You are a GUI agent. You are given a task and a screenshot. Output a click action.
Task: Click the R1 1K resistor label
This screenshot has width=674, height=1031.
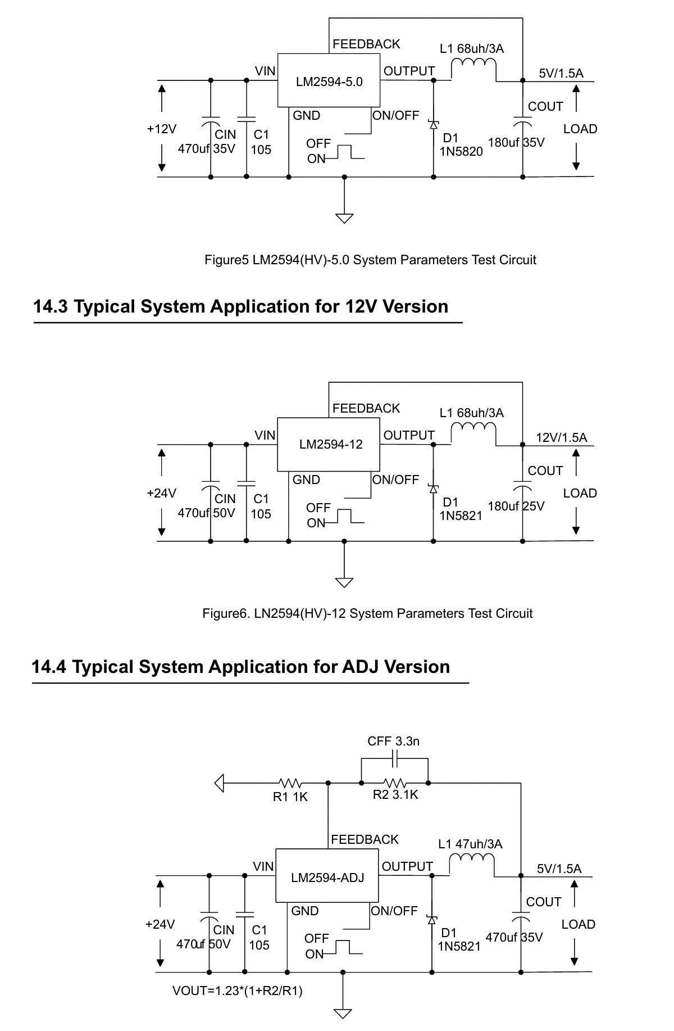290,797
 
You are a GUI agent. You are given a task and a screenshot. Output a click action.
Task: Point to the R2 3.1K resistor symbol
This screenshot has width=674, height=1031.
395,783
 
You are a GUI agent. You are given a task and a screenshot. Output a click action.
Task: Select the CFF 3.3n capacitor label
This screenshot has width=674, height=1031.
393,741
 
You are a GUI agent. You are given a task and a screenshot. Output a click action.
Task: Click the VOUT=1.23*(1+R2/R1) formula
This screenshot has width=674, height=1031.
238,991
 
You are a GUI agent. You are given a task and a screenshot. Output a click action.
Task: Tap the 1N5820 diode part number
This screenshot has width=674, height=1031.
461,151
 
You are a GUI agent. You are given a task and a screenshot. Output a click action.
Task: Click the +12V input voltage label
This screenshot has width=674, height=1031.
161,129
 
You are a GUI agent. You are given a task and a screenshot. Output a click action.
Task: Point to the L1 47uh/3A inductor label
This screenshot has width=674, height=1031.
470,844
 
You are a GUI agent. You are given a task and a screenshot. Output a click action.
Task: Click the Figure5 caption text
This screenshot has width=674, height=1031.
370,260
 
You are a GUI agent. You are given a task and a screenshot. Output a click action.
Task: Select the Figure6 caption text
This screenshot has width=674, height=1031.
367,613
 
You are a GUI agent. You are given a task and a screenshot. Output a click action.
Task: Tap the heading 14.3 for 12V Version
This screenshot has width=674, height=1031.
241,306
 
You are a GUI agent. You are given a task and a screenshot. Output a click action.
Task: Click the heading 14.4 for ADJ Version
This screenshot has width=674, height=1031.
241,667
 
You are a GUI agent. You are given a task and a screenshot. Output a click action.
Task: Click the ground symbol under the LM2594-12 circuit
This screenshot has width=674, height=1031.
344,582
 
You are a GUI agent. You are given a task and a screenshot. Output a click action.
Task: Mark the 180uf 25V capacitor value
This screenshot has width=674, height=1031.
516,506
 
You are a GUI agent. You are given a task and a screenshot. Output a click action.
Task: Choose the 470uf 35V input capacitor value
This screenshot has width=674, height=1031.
206,149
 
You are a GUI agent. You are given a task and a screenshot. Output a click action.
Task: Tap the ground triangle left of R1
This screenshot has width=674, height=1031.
220,783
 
